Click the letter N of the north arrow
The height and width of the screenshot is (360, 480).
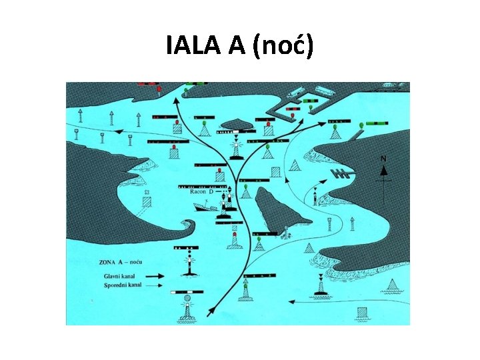[x=383, y=159]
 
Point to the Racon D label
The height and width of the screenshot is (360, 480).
[x=201, y=191]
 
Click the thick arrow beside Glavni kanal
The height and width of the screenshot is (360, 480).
[x=155, y=275]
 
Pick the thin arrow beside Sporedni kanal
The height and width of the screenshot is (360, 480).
[x=155, y=285]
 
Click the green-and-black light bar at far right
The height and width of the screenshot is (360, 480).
[x=377, y=124]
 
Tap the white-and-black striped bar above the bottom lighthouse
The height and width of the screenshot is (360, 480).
[x=187, y=292]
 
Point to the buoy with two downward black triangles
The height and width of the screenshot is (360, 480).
[x=320, y=283]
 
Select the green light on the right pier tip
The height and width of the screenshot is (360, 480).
[x=361, y=125]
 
